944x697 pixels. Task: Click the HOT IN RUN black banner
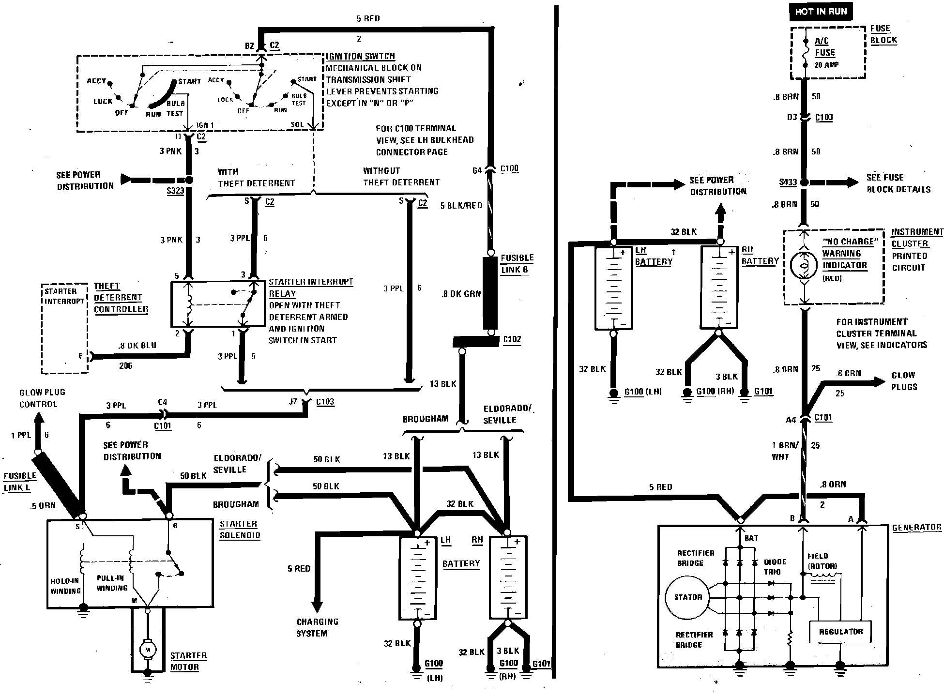821,12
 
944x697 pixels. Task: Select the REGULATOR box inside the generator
840,632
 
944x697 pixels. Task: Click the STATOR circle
688,597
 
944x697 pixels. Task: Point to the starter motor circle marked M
148,649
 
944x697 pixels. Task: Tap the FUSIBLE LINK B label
517,264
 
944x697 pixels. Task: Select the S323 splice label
175,191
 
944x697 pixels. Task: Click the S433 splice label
788,182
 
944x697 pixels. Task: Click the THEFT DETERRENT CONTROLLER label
121,298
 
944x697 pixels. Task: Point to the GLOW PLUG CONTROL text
42,398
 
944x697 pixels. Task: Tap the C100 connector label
509,168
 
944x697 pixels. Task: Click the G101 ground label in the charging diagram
763,391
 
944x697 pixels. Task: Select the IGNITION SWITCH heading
360,56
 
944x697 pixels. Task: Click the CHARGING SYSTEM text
317,627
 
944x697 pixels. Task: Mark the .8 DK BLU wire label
137,346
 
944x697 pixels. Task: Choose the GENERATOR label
916,528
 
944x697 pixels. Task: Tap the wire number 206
126,365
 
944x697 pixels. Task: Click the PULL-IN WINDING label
112,583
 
